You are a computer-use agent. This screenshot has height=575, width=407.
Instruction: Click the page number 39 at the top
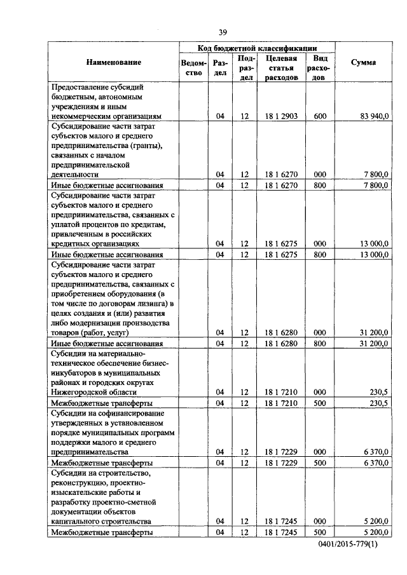click(x=223, y=32)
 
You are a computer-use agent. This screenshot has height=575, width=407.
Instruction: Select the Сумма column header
click(x=363, y=62)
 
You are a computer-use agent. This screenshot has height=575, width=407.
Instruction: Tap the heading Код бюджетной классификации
click(x=257, y=47)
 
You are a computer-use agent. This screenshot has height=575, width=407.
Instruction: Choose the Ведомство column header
click(x=193, y=67)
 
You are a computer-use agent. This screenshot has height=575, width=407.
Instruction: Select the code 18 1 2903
click(x=281, y=116)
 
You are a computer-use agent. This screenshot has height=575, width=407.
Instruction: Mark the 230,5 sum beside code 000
click(x=378, y=392)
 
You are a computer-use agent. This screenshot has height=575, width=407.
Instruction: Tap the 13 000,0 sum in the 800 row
click(x=374, y=254)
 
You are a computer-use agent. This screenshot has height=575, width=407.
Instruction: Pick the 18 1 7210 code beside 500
click(x=281, y=403)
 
